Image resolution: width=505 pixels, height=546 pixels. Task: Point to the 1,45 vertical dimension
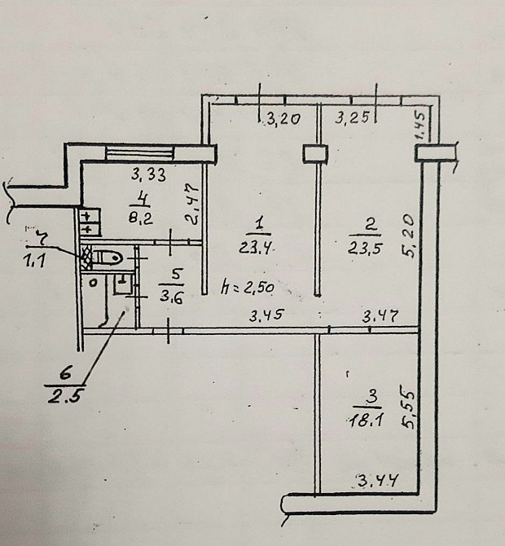419,125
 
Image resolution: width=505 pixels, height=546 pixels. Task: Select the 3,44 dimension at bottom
377,482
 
